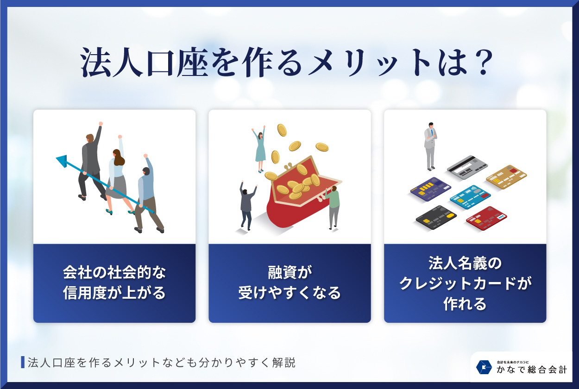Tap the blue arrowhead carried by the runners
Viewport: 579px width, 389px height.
click(62, 161)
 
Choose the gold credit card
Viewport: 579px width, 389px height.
click(506, 176)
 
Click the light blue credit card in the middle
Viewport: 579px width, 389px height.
click(471, 197)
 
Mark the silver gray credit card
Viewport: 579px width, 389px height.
click(467, 168)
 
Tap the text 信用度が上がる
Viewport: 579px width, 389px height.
click(114, 293)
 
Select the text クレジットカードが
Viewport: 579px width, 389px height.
click(465, 283)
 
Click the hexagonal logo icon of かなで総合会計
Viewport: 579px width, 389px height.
click(484, 367)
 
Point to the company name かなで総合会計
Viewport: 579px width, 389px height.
click(532, 370)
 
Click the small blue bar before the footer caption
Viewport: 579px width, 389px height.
click(23, 362)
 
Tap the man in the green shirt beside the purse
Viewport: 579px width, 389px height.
click(333, 206)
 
